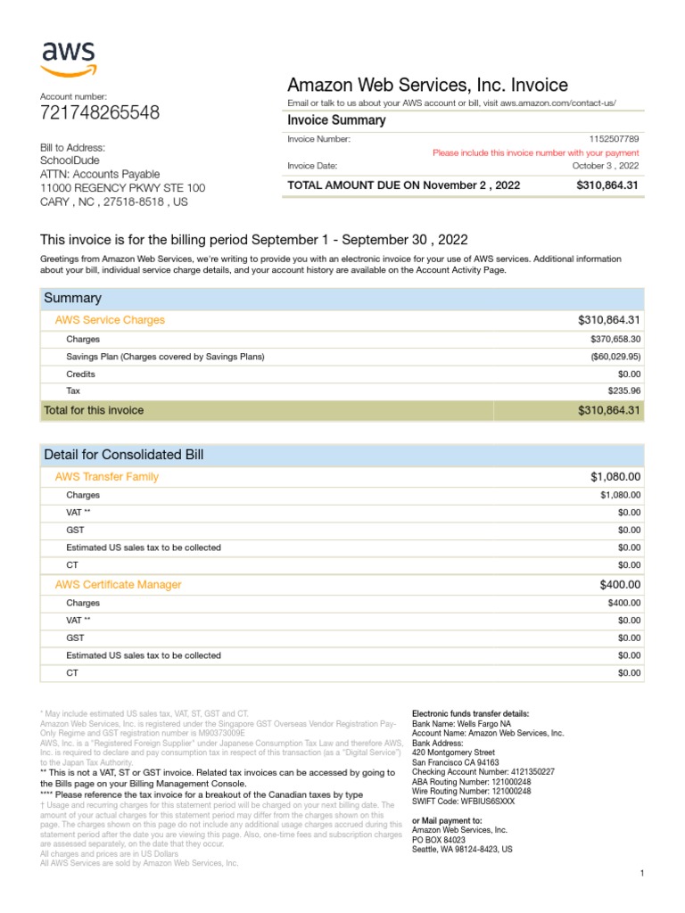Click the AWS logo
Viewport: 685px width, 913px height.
[69, 58]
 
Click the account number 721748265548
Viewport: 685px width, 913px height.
[100, 113]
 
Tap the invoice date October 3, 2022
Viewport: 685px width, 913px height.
[605, 166]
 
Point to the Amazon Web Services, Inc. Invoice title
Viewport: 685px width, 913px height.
[427, 86]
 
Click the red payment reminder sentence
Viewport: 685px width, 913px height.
[535, 152]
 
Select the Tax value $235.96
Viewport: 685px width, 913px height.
[623, 391]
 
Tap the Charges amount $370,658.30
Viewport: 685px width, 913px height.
[615, 340]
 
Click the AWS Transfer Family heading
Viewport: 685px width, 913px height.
[107, 477]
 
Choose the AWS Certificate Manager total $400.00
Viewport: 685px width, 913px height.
[620, 585]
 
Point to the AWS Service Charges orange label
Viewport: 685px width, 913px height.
[110, 319]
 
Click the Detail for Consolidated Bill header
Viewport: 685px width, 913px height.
[124, 455]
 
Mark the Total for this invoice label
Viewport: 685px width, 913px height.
[94, 410]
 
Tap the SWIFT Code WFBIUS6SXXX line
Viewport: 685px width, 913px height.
[463, 802]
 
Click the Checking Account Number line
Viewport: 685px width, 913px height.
[483, 771]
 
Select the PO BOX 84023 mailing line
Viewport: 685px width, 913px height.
[438, 840]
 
